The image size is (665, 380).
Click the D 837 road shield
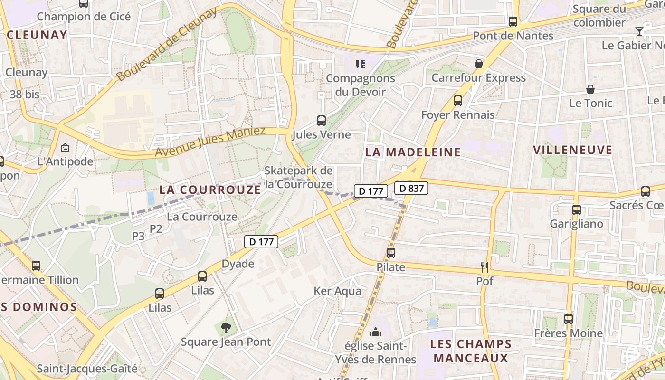pos(411,188)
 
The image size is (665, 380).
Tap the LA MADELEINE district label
pos(413,152)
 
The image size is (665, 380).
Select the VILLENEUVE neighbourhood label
pos(572,150)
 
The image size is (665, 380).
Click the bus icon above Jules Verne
pos(322,121)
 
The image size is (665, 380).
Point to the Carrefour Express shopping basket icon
pos(479,64)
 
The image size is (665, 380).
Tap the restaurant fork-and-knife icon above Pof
pos(484,267)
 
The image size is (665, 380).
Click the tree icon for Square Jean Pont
pos(226,327)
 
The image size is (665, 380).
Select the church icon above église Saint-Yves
pos(376,332)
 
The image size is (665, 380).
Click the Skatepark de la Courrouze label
pos(298,177)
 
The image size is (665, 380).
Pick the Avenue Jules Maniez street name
pos(210,142)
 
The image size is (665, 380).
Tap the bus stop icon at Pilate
pos(391,253)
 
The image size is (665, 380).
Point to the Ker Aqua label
pos(337,291)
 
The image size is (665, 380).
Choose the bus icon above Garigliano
pos(577,209)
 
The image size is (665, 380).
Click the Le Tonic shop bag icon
pos(590,89)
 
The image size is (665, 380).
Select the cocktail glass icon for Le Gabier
pos(639,31)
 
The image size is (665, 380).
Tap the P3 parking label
pos(138,236)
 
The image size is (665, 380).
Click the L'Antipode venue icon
pos(65,148)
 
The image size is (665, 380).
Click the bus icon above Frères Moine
pos(569,319)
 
